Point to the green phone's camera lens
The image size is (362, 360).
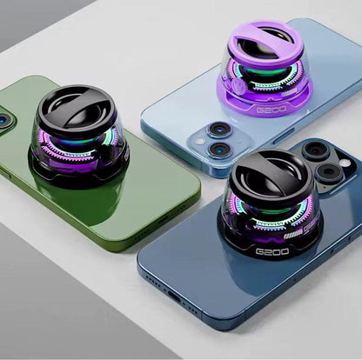pyautogui.click(x=5, y=117)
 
